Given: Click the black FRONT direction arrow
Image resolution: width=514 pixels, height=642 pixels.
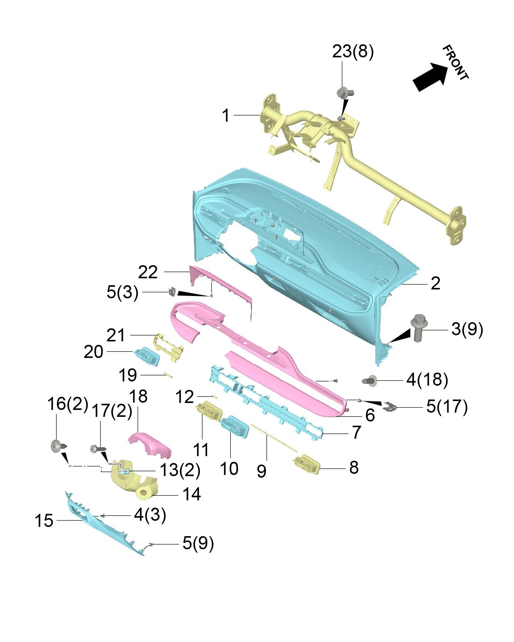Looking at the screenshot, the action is click(431, 77).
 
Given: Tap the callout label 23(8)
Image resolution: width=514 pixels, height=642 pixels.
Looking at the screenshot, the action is click(353, 52).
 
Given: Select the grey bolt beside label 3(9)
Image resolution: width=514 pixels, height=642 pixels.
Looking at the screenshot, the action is click(418, 328).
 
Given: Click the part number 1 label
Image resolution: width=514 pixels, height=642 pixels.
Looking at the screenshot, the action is click(226, 115).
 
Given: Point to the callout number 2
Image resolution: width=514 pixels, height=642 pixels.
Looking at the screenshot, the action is click(435, 284).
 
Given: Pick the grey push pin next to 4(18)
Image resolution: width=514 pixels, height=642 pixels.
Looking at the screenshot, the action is click(371, 381).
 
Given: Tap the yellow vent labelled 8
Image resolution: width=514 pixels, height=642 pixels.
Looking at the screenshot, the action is click(306, 464).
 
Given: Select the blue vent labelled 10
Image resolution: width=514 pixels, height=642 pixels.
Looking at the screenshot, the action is click(235, 426).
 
